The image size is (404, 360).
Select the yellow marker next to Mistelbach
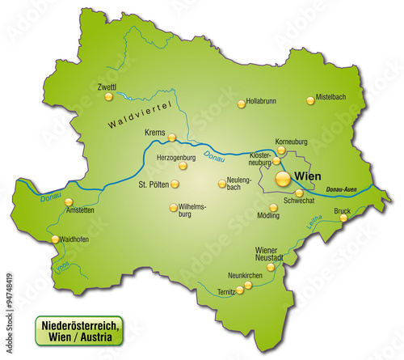click(x=310, y=101)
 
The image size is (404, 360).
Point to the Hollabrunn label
click(x=266, y=103)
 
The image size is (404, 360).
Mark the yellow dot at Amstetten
click(x=69, y=202)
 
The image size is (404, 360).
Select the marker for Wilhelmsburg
click(x=172, y=207)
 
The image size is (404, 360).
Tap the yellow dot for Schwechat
click(x=299, y=193)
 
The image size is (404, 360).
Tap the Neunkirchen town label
click(x=245, y=276)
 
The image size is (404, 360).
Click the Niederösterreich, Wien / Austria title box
click(x=78, y=331)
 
